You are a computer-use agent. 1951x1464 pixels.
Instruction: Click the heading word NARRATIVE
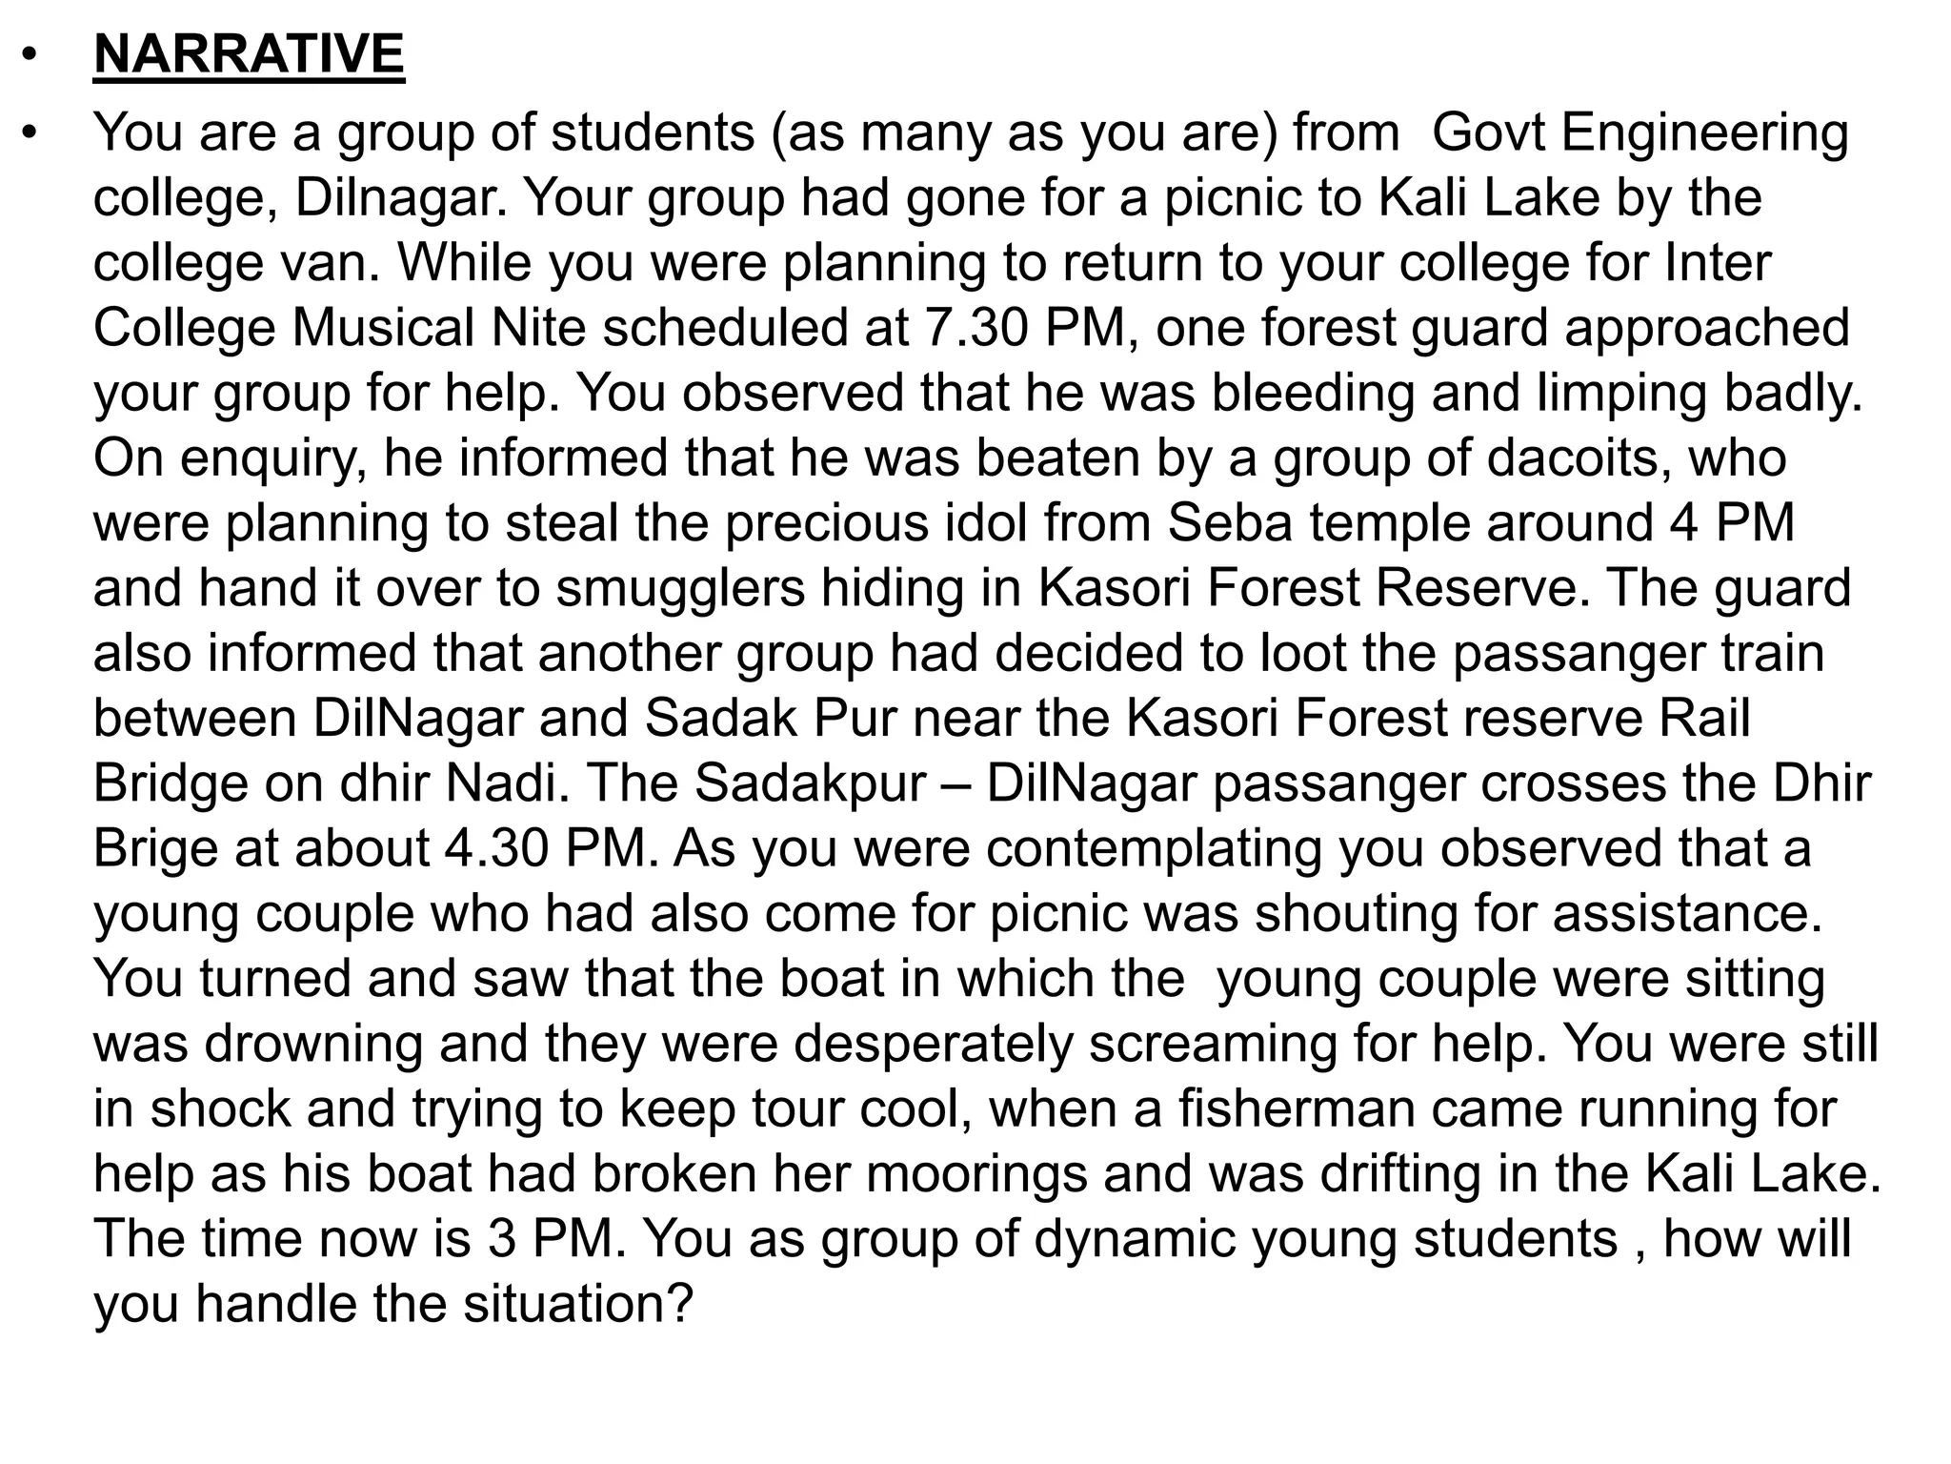point(249,53)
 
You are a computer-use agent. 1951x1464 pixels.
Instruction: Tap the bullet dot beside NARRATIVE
point(30,55)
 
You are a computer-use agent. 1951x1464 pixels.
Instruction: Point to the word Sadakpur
point(810,783)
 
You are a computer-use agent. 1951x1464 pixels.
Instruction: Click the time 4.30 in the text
point(496,848)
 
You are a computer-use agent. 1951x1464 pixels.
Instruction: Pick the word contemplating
point(1154,848)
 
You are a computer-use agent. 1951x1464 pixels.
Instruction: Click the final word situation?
point(577,1304)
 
